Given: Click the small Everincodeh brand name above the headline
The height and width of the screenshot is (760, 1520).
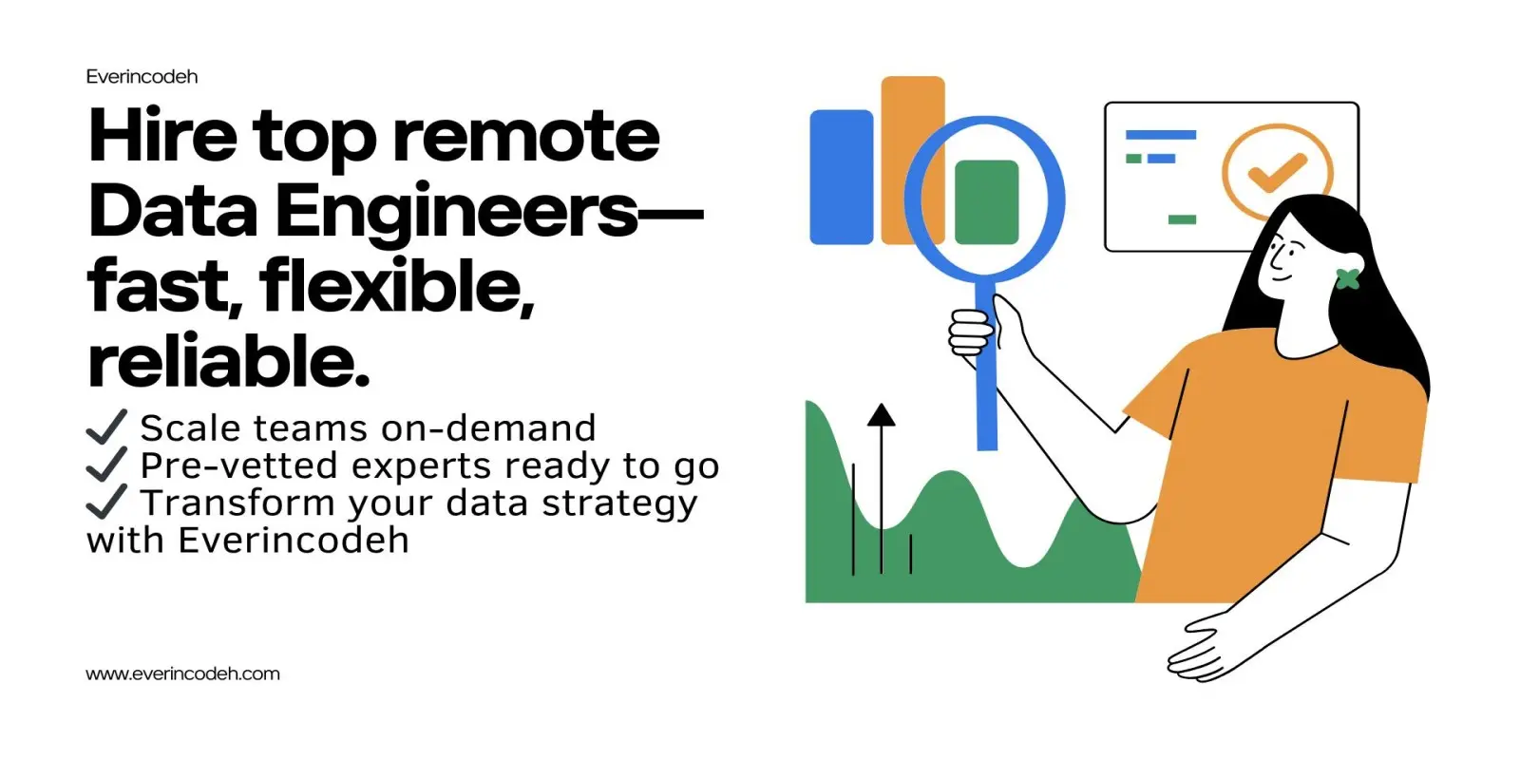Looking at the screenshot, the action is point(142,77).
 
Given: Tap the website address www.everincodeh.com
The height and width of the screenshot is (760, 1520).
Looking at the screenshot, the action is point(182,674).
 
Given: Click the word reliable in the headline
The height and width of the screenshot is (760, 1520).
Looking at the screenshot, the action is point(229,360).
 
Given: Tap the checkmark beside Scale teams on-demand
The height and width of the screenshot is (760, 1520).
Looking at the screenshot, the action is point(106,427).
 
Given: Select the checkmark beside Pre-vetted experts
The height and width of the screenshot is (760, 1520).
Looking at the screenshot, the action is point(106,465).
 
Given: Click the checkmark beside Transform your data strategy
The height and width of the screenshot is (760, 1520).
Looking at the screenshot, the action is point(106,502).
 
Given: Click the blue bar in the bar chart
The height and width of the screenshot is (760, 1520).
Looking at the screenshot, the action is point(842,177).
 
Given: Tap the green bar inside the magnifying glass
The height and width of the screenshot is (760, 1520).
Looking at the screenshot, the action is point(987,202).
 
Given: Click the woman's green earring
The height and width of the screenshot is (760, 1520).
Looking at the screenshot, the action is point(1348,279).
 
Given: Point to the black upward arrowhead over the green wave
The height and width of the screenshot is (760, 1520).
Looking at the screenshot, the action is point(882,414).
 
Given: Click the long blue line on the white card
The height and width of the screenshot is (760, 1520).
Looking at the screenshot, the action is point(1161,135).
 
